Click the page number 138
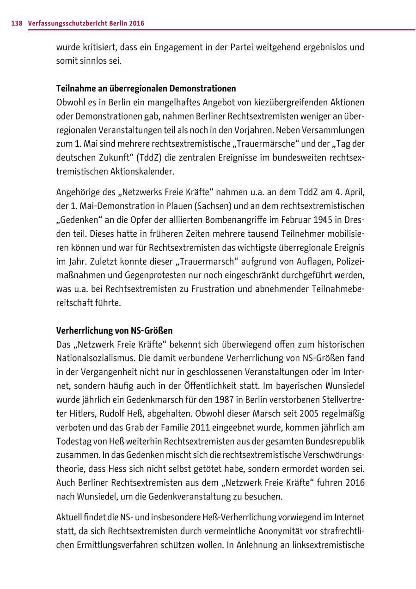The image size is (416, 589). (17, 23)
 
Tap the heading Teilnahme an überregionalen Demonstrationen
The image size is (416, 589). (146, 88)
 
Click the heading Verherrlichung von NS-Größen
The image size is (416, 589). (114, 331)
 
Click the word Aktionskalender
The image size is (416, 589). (145, 172)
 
